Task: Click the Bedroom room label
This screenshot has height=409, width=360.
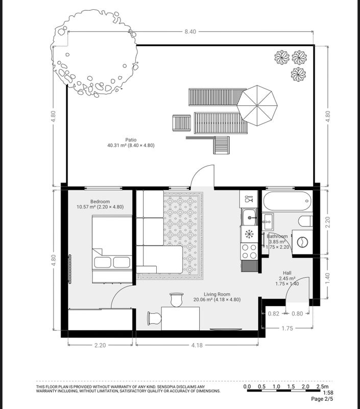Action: pyautogui.click(x=100, y=201)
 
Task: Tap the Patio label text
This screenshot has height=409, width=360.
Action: pyautogui.click(x=131, y=140)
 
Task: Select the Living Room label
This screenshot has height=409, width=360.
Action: pyautogui.click(x=217, y=294)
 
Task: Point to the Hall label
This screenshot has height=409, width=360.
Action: pyautogui.click(x=287, y=273)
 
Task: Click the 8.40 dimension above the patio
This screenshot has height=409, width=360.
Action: pyautogui.click(x=190, y=32)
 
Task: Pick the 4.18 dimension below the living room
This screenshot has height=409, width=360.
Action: pyautogui.click(x=197, y=345)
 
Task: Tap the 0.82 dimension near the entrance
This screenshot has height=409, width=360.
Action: pyautogui.click(x=274, y=313)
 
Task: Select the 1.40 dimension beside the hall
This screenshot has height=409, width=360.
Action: pyautogui.click(x=327, y=278)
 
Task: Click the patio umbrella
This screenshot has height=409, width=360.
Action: pyautogui.click(x=257, y=106)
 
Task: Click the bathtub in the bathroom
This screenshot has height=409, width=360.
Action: pyautogui.click(x=287, y=201)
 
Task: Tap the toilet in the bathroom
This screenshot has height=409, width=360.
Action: pyautogui.click(x=305, y=221)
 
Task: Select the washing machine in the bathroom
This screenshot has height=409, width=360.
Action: pyautogui.click(x=302, y=242)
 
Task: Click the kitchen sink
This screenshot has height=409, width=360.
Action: pyautogui.click(x=249, y=217)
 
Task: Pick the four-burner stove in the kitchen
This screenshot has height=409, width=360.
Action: pyautogui.click(x=249, y=251)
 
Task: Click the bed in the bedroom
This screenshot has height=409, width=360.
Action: pyautogui.click(x=112, y=249)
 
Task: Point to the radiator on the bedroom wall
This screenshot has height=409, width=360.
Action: pyautogui.click(x=70, y=269)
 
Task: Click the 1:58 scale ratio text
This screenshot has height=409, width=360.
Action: pyautogui.click(x=328, y=393)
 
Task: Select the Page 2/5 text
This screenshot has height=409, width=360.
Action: pyautogui.click(x=322, y=399)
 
